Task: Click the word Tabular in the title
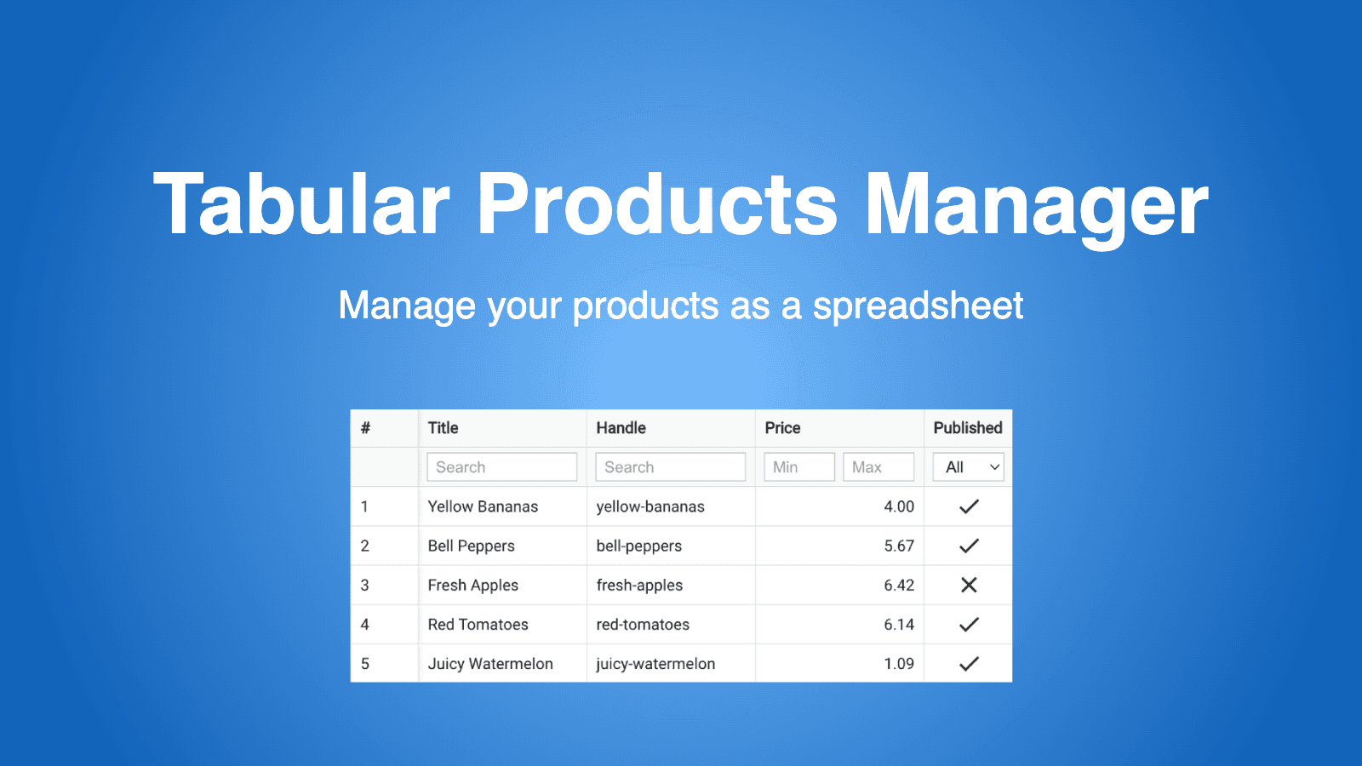click(x=301, y=204)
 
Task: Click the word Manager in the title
click(x=1036, y=204)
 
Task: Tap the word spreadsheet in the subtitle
click(x=918, y=306)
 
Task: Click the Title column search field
click(x=501, y=467)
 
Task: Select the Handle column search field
click(x=670, y=467)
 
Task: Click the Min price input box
click(x=798, y=467)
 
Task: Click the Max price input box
click(x=878, y=467)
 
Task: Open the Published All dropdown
click(x=969, y=467)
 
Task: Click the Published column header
click(x=968, y=428)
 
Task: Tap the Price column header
click(x=782, y=428)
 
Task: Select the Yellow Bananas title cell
click(x=483, y=506)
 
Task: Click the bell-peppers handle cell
click(x=639, y=546)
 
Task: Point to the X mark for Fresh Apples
click(x=969, y=585)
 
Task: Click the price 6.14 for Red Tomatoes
click(x=898, y=624)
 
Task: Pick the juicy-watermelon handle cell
click(x=655, y=664)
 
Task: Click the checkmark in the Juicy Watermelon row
click(x=969, y=664)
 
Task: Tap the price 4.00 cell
click(x=898, y=506)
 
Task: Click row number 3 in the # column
click(x=365, y=585)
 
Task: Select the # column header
click(x=365, y=428)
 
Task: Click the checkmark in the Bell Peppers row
click(x=969, y=546)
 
